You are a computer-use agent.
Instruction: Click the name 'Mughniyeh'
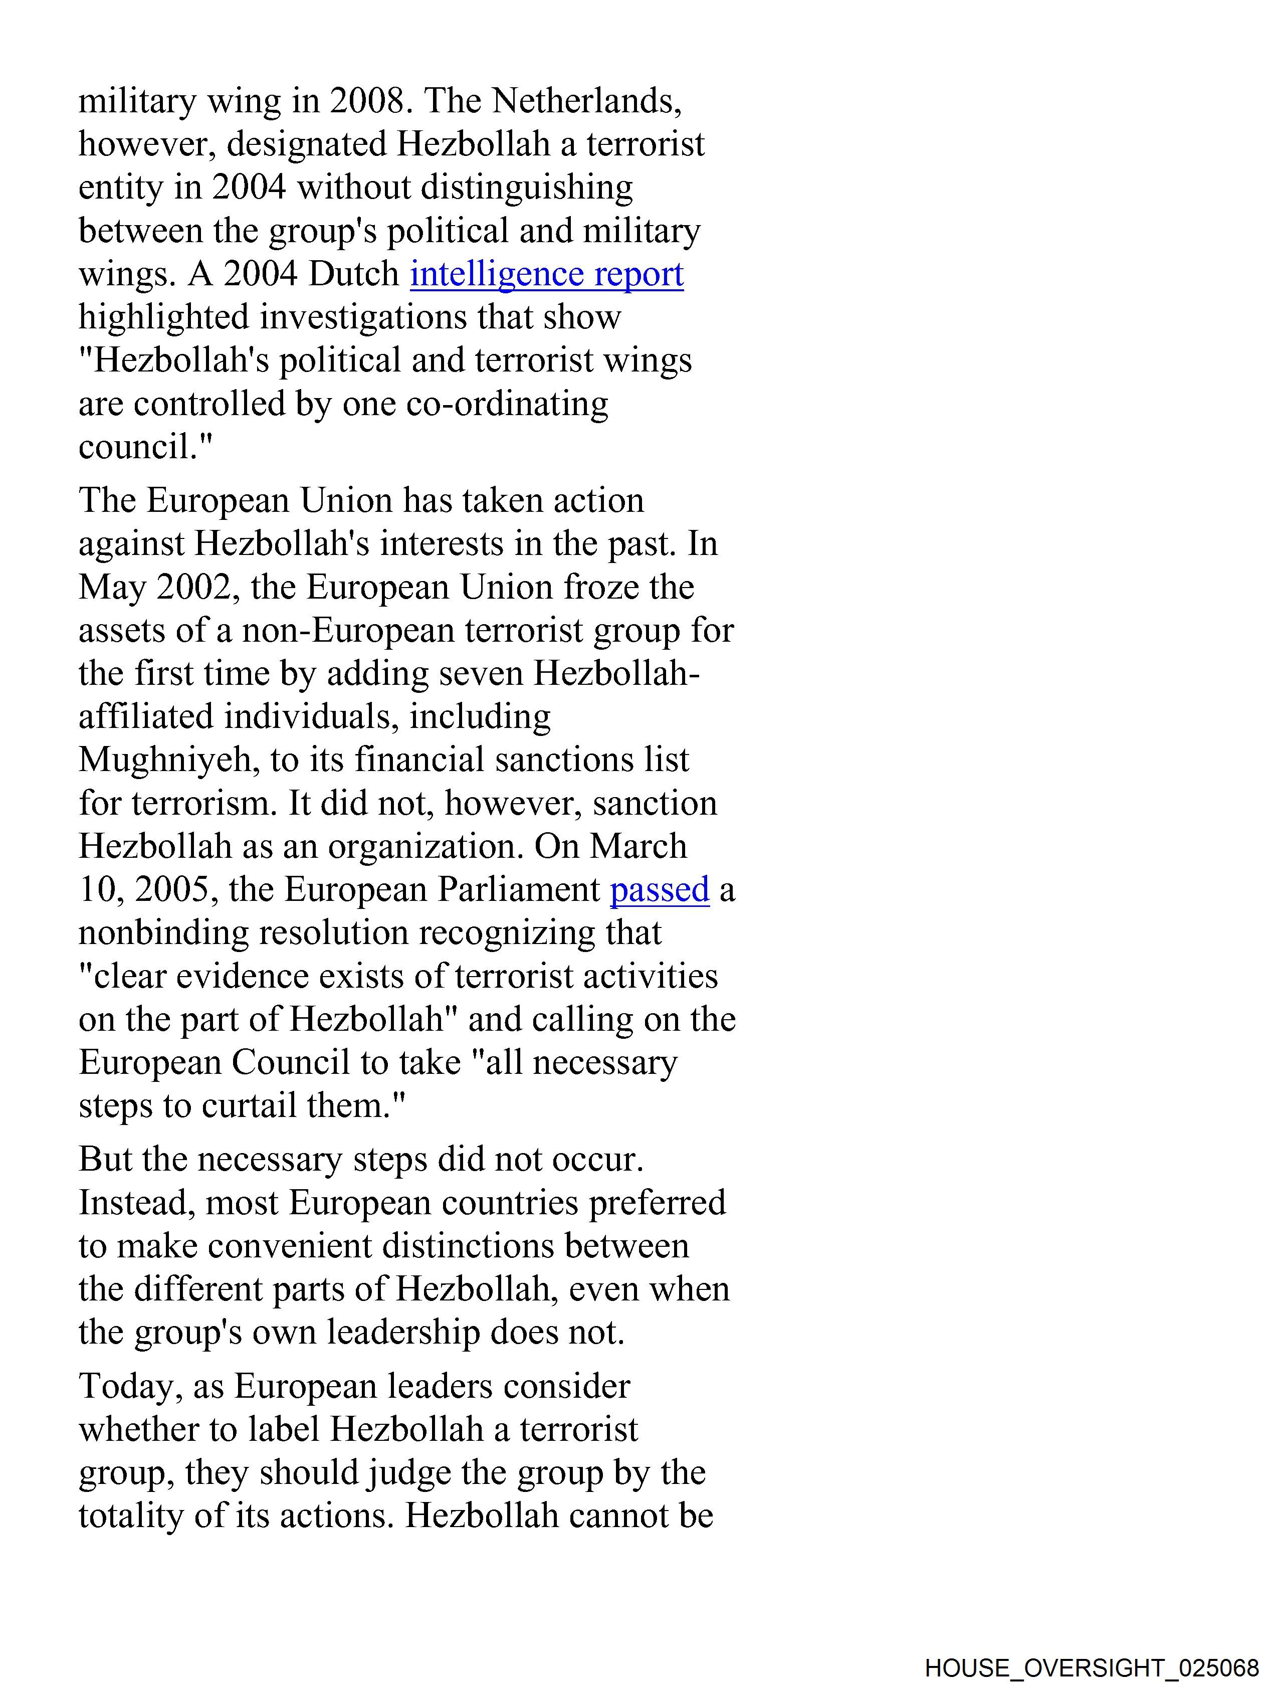[164, 761]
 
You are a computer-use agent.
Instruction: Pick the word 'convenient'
[289, 1246]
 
